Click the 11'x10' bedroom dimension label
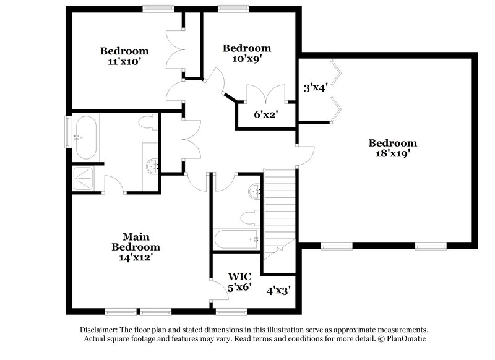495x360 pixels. pyautogui.click(x=125, y=61)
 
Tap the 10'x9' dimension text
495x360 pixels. pyautogui.click(x=247, y=59)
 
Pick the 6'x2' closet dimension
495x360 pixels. pyautogui.click(x=265, y=114)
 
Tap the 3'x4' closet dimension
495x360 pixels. pyautogui.click(x=314, y=87)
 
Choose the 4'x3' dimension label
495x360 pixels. pyautogui.click(x=278, y=289)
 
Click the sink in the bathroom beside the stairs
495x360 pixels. pyautogui.click(x=254, y=192)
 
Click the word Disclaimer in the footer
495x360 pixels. pyautogui.click(x=103, y=330)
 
